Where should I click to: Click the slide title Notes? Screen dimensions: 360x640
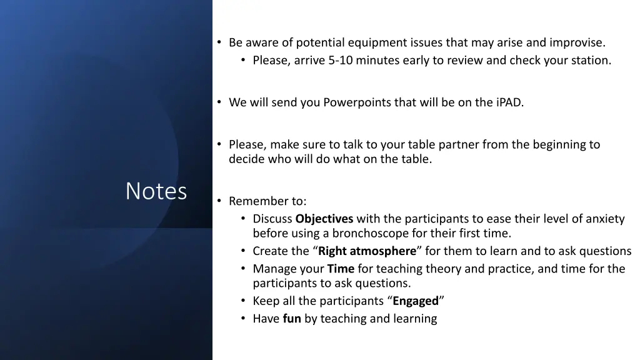coord(156,191)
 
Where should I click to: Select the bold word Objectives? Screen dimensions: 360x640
coord(324,219)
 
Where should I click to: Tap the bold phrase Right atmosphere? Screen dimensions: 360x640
coord(367,251)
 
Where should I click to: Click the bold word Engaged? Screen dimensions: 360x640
coord(416,301)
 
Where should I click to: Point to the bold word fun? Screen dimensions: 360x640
coord(292,319)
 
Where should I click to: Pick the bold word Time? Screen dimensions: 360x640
coord(341,269)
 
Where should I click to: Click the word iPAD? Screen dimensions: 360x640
coord(509,102)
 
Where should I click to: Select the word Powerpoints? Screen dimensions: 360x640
coord(357,102)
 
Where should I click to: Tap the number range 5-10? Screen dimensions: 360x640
coord(342,61)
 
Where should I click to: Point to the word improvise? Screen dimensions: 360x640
coord(577,43)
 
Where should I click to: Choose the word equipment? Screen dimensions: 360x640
coord(377,43)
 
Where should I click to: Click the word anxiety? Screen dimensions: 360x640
coord(602,219)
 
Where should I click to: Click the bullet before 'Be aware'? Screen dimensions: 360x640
coord(219,43)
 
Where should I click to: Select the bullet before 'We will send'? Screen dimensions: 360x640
coord(219,102)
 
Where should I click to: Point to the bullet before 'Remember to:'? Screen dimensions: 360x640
coord(219,201)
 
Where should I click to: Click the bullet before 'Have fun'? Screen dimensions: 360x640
coord(243,319)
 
